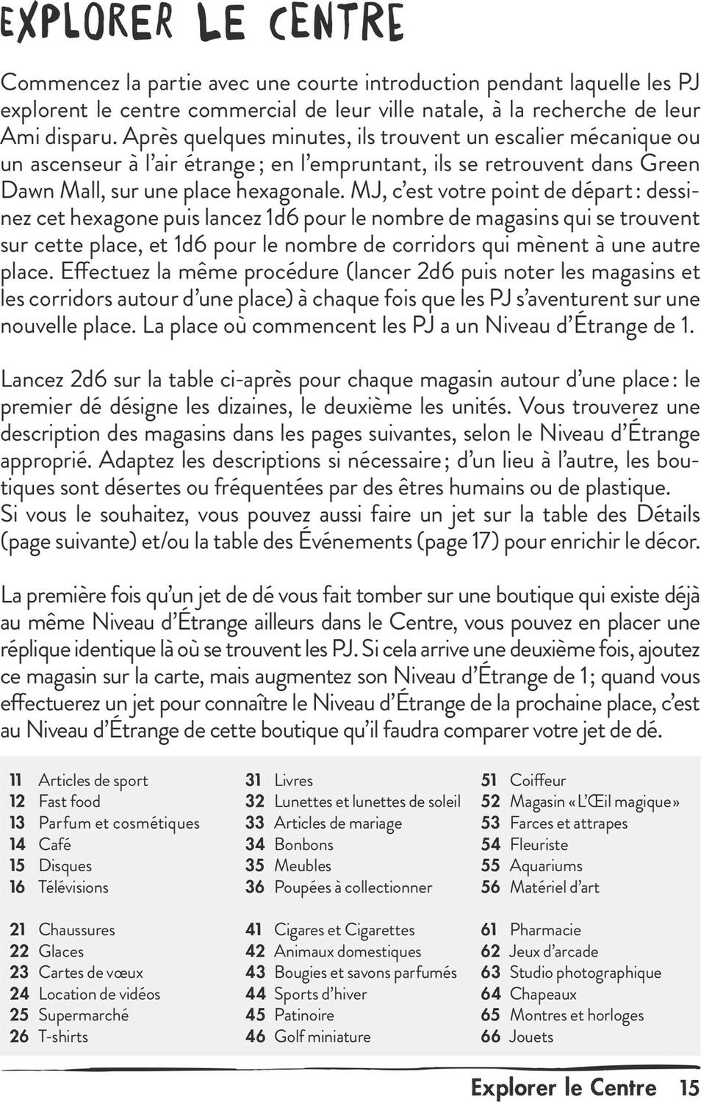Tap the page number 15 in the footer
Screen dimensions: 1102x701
[689, 1087]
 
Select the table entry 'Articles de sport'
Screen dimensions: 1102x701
[93, 780]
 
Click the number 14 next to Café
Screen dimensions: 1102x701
[18, 844]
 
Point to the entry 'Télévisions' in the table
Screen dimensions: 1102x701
[73, 887]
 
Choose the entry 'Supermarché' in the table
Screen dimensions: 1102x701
[83, 1015]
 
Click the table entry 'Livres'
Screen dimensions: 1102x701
[293, 780]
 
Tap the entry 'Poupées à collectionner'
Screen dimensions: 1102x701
[353, 887]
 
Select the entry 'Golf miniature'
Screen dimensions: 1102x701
[322, 1037]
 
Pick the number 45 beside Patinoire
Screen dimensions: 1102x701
[255, 1015]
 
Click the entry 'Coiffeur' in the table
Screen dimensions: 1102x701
[538, 780]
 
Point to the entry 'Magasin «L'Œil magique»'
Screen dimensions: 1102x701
[594, 802]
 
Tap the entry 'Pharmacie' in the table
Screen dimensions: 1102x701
[545, 929]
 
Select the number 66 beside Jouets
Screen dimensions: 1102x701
[490, 1037]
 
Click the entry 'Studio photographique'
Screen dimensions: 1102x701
[585, 972]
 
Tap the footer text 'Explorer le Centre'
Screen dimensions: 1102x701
[564, 1087]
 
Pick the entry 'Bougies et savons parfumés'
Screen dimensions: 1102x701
[365, 972]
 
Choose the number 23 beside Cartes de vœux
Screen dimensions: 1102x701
[19, 972]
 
